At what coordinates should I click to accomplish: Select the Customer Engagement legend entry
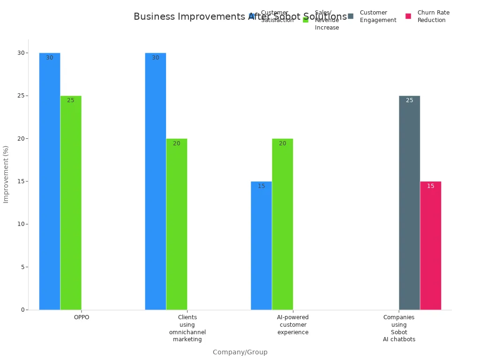(x=373, y=16)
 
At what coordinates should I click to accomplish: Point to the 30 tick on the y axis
(x=21, y=53)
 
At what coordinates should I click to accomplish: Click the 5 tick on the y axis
(x=22, y=267)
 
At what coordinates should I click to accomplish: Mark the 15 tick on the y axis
(x=21, y=181)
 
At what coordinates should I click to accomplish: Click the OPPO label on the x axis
(x=82, y=317)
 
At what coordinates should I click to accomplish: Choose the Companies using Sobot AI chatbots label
(x=399, y=328)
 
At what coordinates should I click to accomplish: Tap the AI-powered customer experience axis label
(x=293, y=325)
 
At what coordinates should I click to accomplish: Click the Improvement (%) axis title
(x=6, y=174)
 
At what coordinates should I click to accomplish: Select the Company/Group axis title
(x=240, y=352)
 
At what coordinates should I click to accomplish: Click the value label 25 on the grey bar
(x=409, y=100)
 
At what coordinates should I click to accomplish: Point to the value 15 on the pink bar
(x=431, y=186)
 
